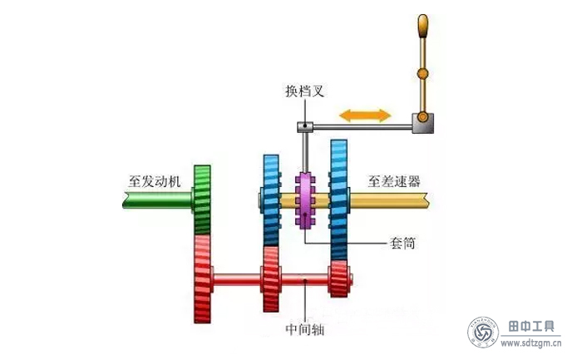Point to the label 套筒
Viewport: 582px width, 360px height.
coord(403,244)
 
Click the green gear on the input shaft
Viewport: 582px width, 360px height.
coord(202,200)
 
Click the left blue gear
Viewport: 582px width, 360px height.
coord(270,200)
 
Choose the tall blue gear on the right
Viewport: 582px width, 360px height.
coord(339,200)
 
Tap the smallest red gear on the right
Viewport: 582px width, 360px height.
coord(338,279)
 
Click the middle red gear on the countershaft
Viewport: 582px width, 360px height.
coord(271,279)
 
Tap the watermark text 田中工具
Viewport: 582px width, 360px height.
coord(532,324)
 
